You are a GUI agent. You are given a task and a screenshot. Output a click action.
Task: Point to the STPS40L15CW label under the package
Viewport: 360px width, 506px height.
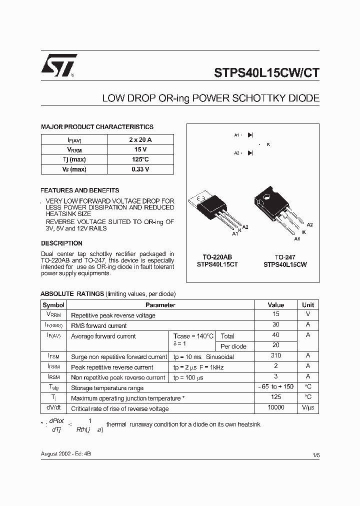coord(285,264)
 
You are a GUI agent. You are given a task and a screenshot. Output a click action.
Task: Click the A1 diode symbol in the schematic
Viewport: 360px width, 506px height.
coord(250,135)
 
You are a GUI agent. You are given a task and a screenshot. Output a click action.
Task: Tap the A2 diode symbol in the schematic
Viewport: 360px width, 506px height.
coord(250,153)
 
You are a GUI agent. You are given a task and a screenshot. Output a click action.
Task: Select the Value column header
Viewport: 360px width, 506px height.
coord(275,305)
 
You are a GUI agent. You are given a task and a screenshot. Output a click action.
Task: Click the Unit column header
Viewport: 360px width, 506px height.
coord(308,305)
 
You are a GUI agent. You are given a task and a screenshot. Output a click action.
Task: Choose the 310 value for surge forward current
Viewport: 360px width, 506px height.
coord(275,356)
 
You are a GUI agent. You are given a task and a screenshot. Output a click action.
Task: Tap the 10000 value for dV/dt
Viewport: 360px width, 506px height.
coord(275,408)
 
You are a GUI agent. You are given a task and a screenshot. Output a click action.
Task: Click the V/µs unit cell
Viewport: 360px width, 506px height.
coord(308,408)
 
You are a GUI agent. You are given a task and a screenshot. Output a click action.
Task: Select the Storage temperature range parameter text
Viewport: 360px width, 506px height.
coord(107,388)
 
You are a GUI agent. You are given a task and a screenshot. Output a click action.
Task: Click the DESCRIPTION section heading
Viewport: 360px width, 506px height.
coord(61,243)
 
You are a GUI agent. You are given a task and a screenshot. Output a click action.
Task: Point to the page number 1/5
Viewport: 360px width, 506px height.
coord(315,455)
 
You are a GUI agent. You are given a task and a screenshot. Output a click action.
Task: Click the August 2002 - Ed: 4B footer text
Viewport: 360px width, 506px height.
coord(65,453)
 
